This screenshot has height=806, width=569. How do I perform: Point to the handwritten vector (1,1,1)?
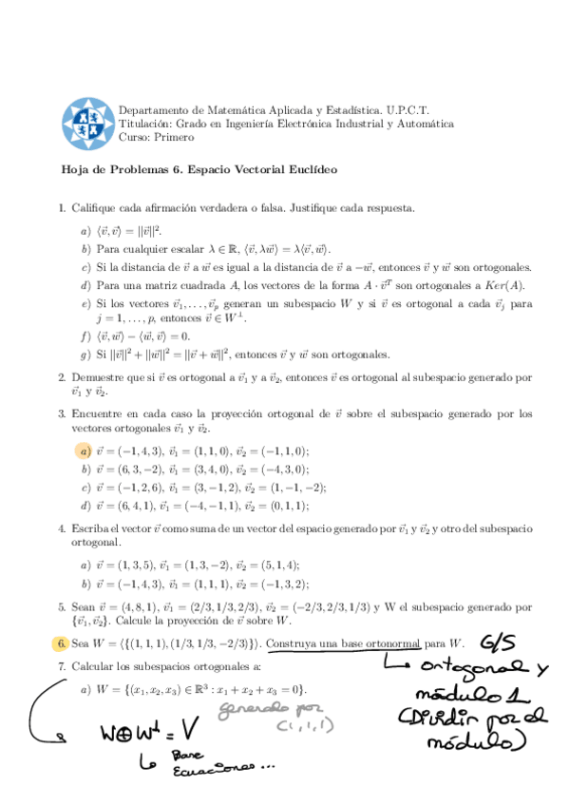(x=298, y=726)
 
